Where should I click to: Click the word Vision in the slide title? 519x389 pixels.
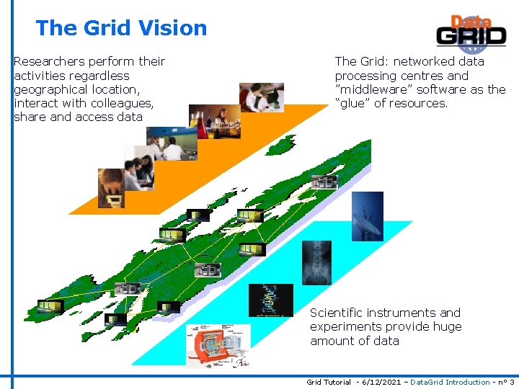[x=173, y=28]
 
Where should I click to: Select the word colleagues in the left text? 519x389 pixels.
[x=120, y=103]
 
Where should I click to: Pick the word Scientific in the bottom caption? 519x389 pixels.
[x=336, y=313]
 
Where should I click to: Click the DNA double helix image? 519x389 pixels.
[x=270, y=300]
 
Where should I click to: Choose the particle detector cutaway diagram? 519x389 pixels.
[x=218, y=344]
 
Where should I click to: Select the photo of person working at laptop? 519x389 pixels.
[x=261, y=97]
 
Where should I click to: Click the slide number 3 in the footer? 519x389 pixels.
[x=512, y=382]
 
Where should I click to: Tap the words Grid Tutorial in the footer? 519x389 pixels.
[x=329, y=382]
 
